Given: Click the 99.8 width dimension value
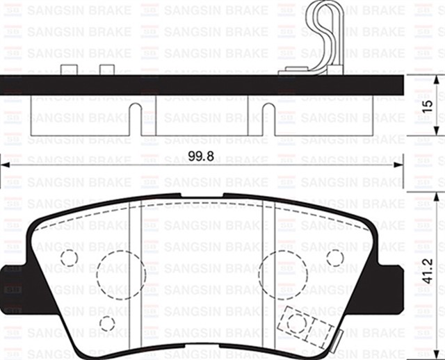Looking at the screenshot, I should click(200, 155).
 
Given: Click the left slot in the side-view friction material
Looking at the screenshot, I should click(136, 118).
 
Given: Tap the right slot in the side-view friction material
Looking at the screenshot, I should click(266, 118).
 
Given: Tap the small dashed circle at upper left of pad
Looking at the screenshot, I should click(69, 258).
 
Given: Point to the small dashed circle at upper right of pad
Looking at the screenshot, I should click(334, 258).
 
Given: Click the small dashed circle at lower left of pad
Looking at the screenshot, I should click(106, 323).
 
